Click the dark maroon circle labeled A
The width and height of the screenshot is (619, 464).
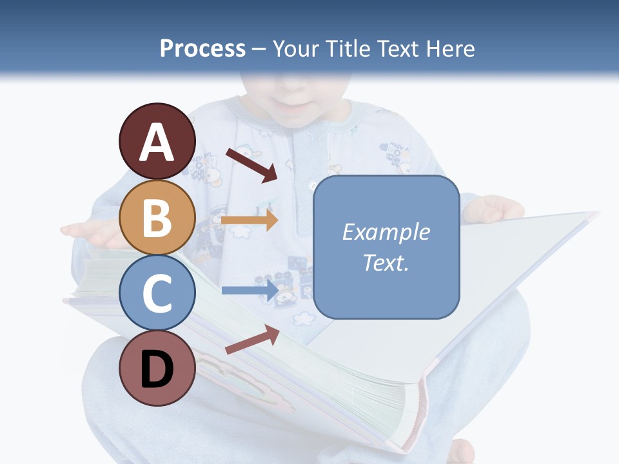click(x=157, y=141)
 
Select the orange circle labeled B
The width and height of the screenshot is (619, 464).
click(x=157, y=217)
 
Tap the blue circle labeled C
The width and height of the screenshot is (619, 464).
click(x=157, y=293)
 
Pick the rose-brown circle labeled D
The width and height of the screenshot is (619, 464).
click(x=157, y=368)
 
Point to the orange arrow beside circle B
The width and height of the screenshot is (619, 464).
click(x=250, y=220)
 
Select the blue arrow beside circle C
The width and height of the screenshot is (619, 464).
click(x=250, y=290)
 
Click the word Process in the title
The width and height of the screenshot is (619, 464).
click(x=202, y=48)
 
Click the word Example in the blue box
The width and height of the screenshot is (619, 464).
click(x=386, y=231)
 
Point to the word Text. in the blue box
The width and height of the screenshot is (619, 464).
click(x=386, y=262)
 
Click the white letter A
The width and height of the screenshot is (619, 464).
click(x=157, y=142)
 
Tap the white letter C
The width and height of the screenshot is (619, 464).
click(x=157, y=294)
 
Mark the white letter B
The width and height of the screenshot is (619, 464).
click(x=157, y=218)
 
